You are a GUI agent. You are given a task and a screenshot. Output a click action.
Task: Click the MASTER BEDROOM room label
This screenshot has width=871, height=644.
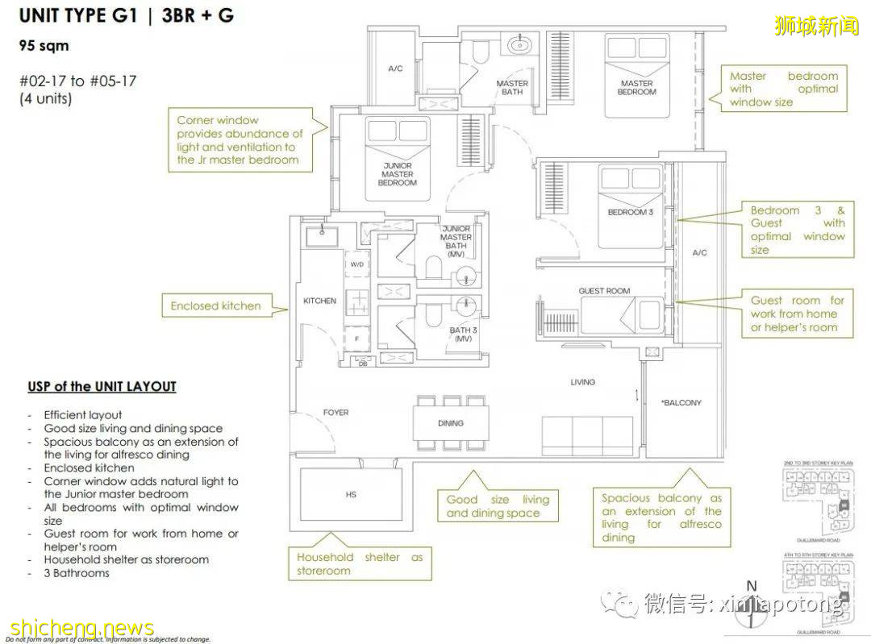point(636,87)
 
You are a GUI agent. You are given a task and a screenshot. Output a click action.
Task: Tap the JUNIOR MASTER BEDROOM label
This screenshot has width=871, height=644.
point(397,174)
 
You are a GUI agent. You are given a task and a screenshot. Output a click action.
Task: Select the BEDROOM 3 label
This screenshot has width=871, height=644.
point(630,212)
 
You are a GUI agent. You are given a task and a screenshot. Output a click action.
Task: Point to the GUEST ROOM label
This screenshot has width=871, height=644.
point(604,291)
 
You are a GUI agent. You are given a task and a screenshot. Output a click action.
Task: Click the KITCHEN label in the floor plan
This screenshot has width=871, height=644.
point(319,301)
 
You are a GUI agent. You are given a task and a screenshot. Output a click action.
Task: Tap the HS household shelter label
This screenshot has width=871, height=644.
point(351,494)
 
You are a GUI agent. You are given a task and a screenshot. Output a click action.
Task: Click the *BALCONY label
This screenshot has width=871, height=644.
point(681,402)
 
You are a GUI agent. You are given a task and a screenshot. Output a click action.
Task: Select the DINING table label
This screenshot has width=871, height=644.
point(451,423)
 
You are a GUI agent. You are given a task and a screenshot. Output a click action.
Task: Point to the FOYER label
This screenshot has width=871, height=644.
point(335,413)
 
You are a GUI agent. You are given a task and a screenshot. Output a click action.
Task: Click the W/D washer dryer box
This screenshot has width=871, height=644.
point(356,264)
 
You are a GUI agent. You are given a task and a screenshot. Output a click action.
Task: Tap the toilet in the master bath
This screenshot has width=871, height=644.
point(481,53)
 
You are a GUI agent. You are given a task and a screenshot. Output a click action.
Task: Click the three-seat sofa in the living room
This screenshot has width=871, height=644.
point(586,436)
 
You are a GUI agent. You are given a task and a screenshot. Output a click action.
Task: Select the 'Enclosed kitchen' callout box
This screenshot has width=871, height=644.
point(216,306)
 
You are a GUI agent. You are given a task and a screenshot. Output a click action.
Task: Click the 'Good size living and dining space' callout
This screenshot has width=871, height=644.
point(498,506)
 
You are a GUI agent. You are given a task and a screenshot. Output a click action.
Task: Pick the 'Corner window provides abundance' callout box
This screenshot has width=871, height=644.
point(240,140)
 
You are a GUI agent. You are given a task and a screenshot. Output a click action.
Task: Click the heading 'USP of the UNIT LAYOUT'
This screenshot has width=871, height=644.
point(102,387)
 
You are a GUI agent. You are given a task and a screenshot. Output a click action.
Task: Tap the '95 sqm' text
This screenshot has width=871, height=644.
point(44,46)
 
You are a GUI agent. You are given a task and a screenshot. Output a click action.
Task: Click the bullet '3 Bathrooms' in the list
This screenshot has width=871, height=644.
point(77,572)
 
